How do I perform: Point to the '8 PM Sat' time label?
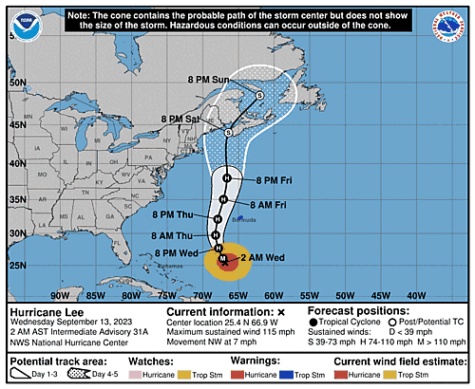pos(180,119)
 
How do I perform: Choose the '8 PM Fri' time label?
pos(275,178)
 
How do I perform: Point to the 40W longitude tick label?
pos(417,295)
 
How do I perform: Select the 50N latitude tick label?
pos(16,83)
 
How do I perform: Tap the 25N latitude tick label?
pos(16,265)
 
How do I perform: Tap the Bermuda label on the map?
pos(243,219)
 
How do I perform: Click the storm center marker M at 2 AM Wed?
pos(222,258)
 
